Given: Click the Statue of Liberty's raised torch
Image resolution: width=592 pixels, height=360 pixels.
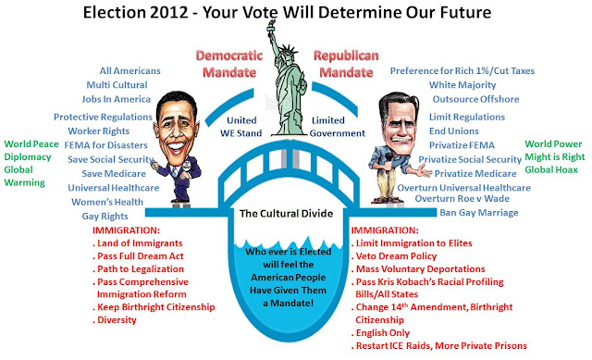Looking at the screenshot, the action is (271, 27).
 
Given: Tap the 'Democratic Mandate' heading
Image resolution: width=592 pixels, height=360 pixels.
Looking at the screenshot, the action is (229, 64).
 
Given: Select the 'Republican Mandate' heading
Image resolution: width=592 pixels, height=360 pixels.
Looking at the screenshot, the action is (346, 64).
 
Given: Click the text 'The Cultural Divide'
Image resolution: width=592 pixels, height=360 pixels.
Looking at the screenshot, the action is (286, 214).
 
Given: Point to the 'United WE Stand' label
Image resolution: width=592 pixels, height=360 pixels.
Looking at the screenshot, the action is (240, 127).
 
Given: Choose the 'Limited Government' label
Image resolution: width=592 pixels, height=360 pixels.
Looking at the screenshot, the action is (337, 127).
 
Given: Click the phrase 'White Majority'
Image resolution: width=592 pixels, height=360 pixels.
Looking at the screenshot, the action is (462, 85).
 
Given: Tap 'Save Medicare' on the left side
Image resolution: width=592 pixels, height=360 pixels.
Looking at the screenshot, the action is (114, 173).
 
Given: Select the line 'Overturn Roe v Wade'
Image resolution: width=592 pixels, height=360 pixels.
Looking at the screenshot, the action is (462, 198).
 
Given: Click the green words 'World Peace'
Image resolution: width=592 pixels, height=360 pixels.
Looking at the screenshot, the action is (31, 144).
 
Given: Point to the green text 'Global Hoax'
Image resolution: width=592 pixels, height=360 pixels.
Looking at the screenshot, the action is (551, 169).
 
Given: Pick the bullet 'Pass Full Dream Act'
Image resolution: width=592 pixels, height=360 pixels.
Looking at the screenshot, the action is (138, 256).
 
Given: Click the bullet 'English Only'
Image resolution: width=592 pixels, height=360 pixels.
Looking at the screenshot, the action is (380, 333).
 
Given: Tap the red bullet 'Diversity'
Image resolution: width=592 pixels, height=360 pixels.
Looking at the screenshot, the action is (115, 320).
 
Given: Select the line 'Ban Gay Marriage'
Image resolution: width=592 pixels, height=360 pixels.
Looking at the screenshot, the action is (479, 213).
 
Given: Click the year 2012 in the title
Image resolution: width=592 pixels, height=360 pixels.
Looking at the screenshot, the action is (168, 12).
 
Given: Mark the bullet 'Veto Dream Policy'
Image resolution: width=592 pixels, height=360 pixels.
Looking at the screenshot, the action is (394, 256).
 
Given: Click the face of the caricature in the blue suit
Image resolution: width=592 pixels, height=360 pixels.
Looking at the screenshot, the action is (176, 130).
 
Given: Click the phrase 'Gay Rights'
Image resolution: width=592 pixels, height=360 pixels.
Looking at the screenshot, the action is (105, 216).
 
